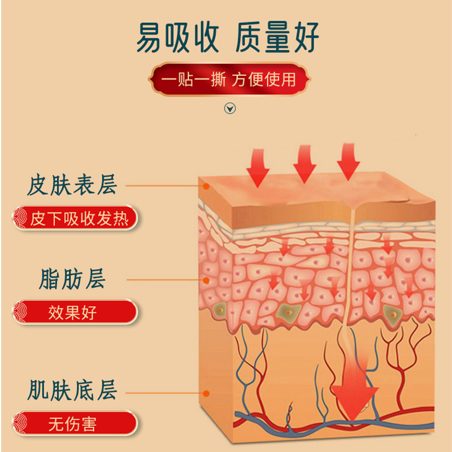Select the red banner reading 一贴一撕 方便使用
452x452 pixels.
click(229, 79)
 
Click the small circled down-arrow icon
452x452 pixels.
click(230, 108)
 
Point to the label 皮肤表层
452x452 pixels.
click(72, 185)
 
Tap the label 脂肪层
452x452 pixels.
click(72, 279)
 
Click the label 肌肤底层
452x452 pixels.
click(72, 390)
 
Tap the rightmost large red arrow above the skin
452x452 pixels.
click(348, 161)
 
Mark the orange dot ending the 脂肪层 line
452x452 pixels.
click(207, 279)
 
